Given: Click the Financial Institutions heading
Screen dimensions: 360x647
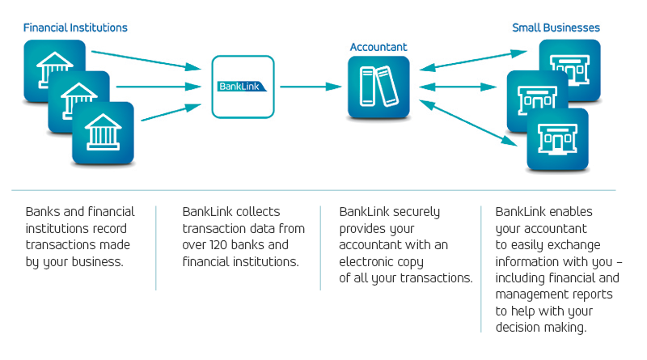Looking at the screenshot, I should (x=75, y=28).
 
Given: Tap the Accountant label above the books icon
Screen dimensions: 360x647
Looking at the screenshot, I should (x=378, y=47).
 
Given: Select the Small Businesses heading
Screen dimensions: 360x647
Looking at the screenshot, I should (x=556, y=28).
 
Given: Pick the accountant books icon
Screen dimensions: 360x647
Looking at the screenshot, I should (x=378, y=87).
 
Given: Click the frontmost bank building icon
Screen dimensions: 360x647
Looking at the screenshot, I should (x=103, y=133).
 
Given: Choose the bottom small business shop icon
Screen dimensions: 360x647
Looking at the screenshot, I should (x=557, y=139).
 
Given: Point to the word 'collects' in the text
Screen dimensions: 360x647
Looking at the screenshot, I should (x=258, y=212).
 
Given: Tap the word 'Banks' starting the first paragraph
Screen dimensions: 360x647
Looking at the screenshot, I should (x=43, y=212).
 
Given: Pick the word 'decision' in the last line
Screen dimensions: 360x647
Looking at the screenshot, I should (x=521, y=328).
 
